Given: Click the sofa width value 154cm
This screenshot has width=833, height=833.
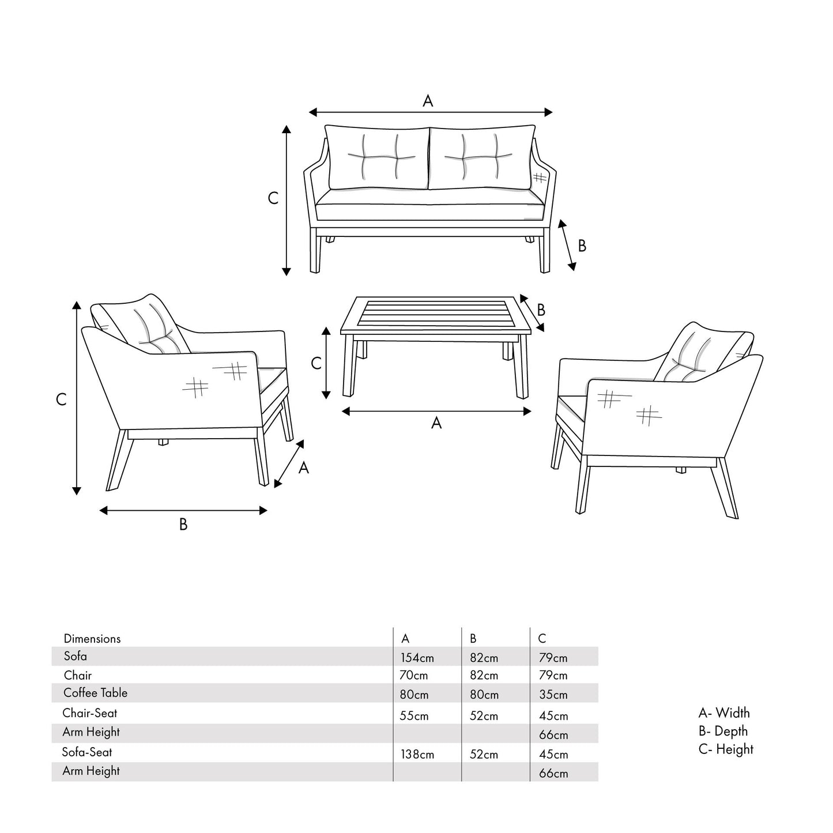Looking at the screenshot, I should [417, 658].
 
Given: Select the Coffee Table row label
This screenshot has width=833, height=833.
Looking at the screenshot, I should [95, 693].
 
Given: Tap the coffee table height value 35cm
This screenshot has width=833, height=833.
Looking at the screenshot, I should [553, 695].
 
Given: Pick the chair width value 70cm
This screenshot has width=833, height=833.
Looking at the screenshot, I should [413, 675].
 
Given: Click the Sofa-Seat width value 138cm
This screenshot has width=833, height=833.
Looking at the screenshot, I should [417, 754].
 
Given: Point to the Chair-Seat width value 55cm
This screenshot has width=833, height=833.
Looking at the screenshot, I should [414, 716].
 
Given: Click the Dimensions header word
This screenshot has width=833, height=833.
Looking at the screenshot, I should [92, 639].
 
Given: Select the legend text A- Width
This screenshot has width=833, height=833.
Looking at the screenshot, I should [724, 713].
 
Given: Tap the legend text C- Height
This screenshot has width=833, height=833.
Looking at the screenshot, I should [726, 749].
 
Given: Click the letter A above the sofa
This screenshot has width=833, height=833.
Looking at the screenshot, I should [428, 101].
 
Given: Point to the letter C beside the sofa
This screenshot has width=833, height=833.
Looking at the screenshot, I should [273, 198].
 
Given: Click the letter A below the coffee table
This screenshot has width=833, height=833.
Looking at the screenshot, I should [436, 423].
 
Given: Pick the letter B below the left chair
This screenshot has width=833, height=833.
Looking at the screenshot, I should [183, 525].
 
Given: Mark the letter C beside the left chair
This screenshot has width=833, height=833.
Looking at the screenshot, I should [61, 399].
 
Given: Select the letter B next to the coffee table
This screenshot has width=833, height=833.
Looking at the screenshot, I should [541, 310].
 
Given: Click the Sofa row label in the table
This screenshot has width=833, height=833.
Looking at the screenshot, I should [76, 656].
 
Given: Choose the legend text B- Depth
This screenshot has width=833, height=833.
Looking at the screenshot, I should [723, 731].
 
